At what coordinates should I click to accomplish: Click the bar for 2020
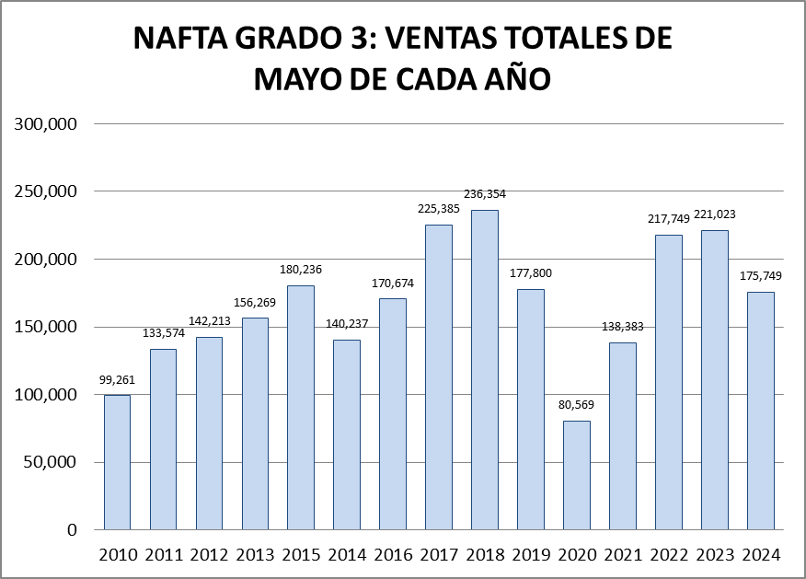(x=577, y=475)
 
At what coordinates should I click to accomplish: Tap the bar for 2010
(x=117, y=462)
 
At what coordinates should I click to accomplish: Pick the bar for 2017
(x=439, y=377)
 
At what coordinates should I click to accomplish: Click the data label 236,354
(x=485, y=194)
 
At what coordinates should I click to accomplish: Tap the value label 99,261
(x=117, y=379)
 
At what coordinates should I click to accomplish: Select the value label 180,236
(x=301, y=270)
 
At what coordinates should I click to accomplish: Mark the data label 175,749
(x=760, y=276)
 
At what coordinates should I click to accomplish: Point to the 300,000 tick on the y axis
(x=47, y=124)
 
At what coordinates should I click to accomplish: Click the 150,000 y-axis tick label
(x=47, y=327)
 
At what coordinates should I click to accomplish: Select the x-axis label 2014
(x=347, y=555)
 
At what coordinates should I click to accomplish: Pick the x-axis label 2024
(x=760, y=555)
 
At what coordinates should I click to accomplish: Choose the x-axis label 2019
(x=531, y=555)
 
